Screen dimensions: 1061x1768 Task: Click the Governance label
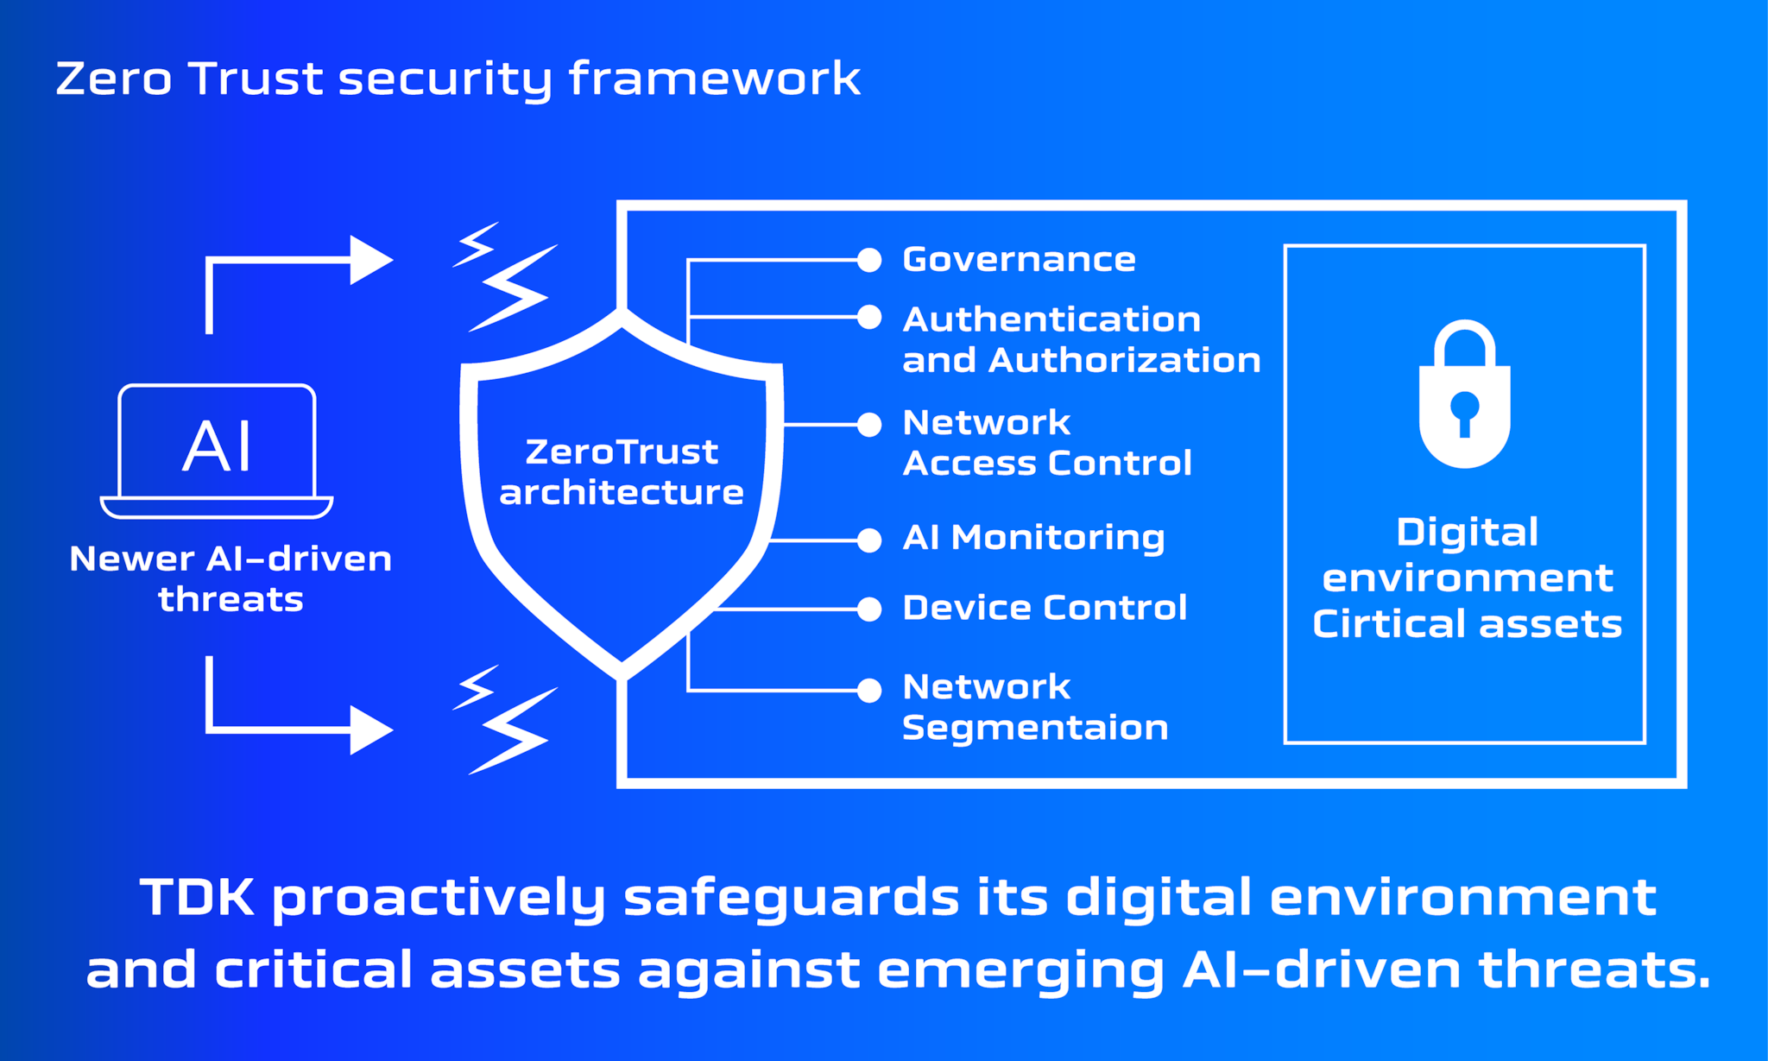point(1019,260)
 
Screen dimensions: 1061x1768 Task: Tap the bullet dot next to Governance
point(869,260)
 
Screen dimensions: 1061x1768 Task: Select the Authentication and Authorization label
point(1081,340)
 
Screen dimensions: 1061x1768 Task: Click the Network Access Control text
point(1046,443)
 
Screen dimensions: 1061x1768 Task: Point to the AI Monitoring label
point(1033,538)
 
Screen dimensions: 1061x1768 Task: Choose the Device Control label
point(1045,608)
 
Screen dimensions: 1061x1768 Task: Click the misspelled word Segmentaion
point(1035,728)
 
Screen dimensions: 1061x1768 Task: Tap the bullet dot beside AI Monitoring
point(869,540)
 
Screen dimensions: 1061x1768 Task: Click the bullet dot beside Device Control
point(869,609)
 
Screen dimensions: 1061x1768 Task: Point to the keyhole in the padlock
point(1464,409)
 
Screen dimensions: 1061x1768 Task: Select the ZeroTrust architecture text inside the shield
point(622,472)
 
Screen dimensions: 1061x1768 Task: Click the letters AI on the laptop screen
point(217,446)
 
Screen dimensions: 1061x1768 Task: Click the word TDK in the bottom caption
point(197,897)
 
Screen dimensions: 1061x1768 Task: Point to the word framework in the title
point(714,79)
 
